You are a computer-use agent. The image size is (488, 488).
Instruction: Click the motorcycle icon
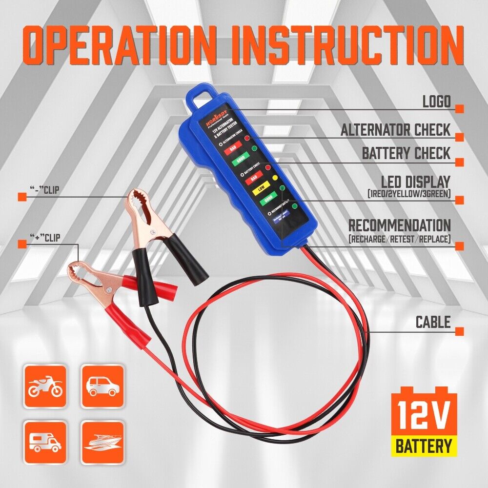pyautogui.click(x=45, y=386)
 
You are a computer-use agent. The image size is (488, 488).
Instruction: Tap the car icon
pyautogui.click(x=102, y=386)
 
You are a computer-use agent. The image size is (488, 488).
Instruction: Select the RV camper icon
pyautogui.click(x=45, y=442)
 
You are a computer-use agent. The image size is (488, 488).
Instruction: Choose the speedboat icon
pyautogui.click(x=102, y=442)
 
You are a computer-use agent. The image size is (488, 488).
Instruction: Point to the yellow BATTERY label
pyautogui.click(x=423, y=446)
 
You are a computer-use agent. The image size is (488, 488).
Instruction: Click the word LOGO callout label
pyautogui.click(x=436, y=102)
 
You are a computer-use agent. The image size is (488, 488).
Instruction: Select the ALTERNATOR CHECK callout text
pyautogui.click(x=395, y=130)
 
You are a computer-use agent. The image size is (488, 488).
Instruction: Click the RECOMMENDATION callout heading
pyautogui.click(x=399, y=225)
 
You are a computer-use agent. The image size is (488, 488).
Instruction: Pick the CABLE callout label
pyautogui.click(x=433, y=322)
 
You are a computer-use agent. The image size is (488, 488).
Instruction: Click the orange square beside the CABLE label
pyautogui.click(x=459, y=331)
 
